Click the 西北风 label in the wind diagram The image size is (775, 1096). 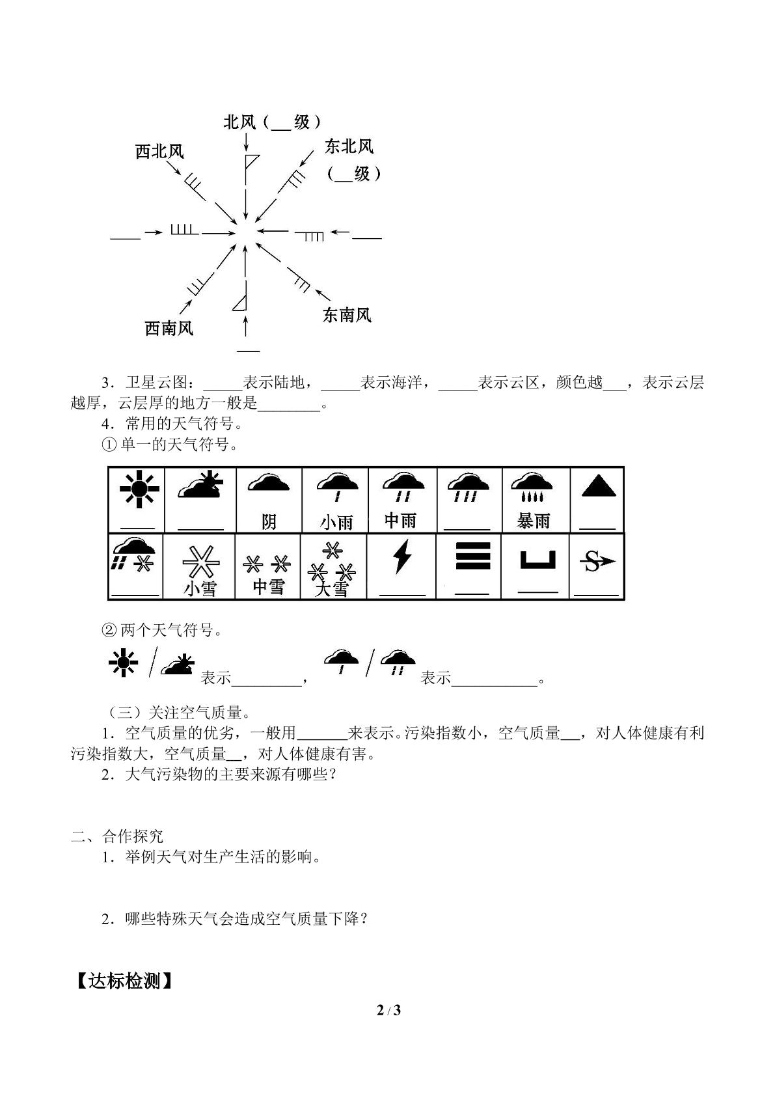click(159, 152)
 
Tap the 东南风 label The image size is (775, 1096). click(347, 314)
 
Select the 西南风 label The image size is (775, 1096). click(169, 328)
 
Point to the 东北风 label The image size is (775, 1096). click(349, 146)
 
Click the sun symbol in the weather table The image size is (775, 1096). click(139, 488)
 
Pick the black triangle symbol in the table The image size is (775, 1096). click(599, 487)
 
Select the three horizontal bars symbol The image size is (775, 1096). click(472, 555)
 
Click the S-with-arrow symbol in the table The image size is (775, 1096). click(597, 561)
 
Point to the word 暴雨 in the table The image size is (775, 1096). click(534, 521)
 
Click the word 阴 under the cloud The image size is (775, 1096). click(269, 522)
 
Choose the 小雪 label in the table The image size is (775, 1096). click(200, 588)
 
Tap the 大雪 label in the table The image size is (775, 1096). click(331, 589)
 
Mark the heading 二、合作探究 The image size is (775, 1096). click(117, 836)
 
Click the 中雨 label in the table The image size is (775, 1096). click(400, 521)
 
